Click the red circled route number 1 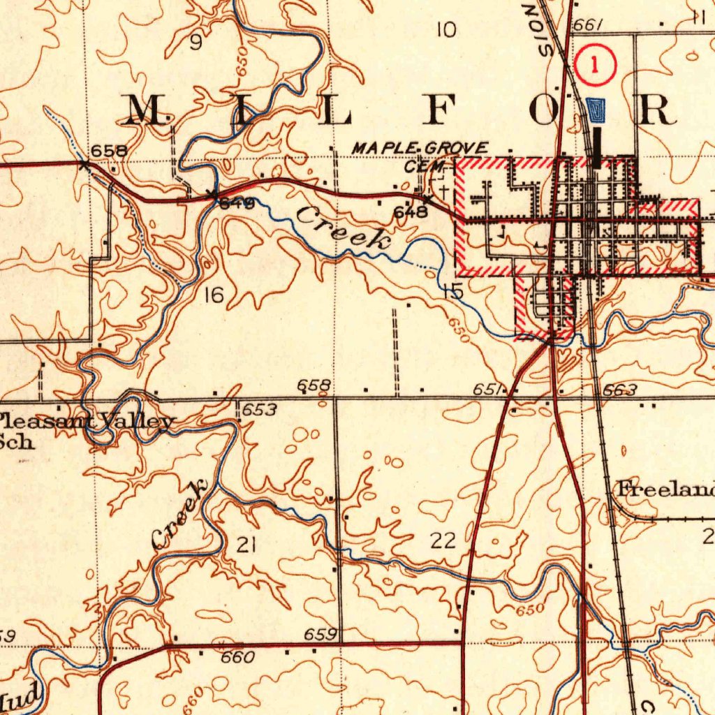pos(595,66)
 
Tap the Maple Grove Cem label pos(420,156)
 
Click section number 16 pos(214,296)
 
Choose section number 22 pos(443,540)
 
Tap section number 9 pos(196,43)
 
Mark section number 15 pos(453,292)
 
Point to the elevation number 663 pos(620,390)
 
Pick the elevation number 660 pos(237,657)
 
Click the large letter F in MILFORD pos(445,109)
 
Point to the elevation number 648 pos(411,212)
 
